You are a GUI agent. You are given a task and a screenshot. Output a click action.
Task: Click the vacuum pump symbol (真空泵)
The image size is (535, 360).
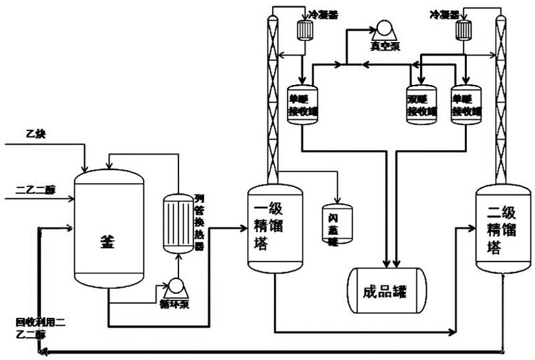[383, 29]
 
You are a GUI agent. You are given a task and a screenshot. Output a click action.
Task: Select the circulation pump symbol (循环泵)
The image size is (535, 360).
[177, 286]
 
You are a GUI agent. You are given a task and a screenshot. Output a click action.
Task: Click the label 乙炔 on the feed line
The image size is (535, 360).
[35, 134]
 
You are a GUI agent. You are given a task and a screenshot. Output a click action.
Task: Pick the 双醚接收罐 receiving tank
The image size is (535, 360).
[421, 104]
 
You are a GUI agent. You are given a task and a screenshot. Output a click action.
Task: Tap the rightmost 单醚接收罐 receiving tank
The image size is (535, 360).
[466, 104]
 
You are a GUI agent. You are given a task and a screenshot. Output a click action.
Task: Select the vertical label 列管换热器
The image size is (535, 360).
[199, 221]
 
